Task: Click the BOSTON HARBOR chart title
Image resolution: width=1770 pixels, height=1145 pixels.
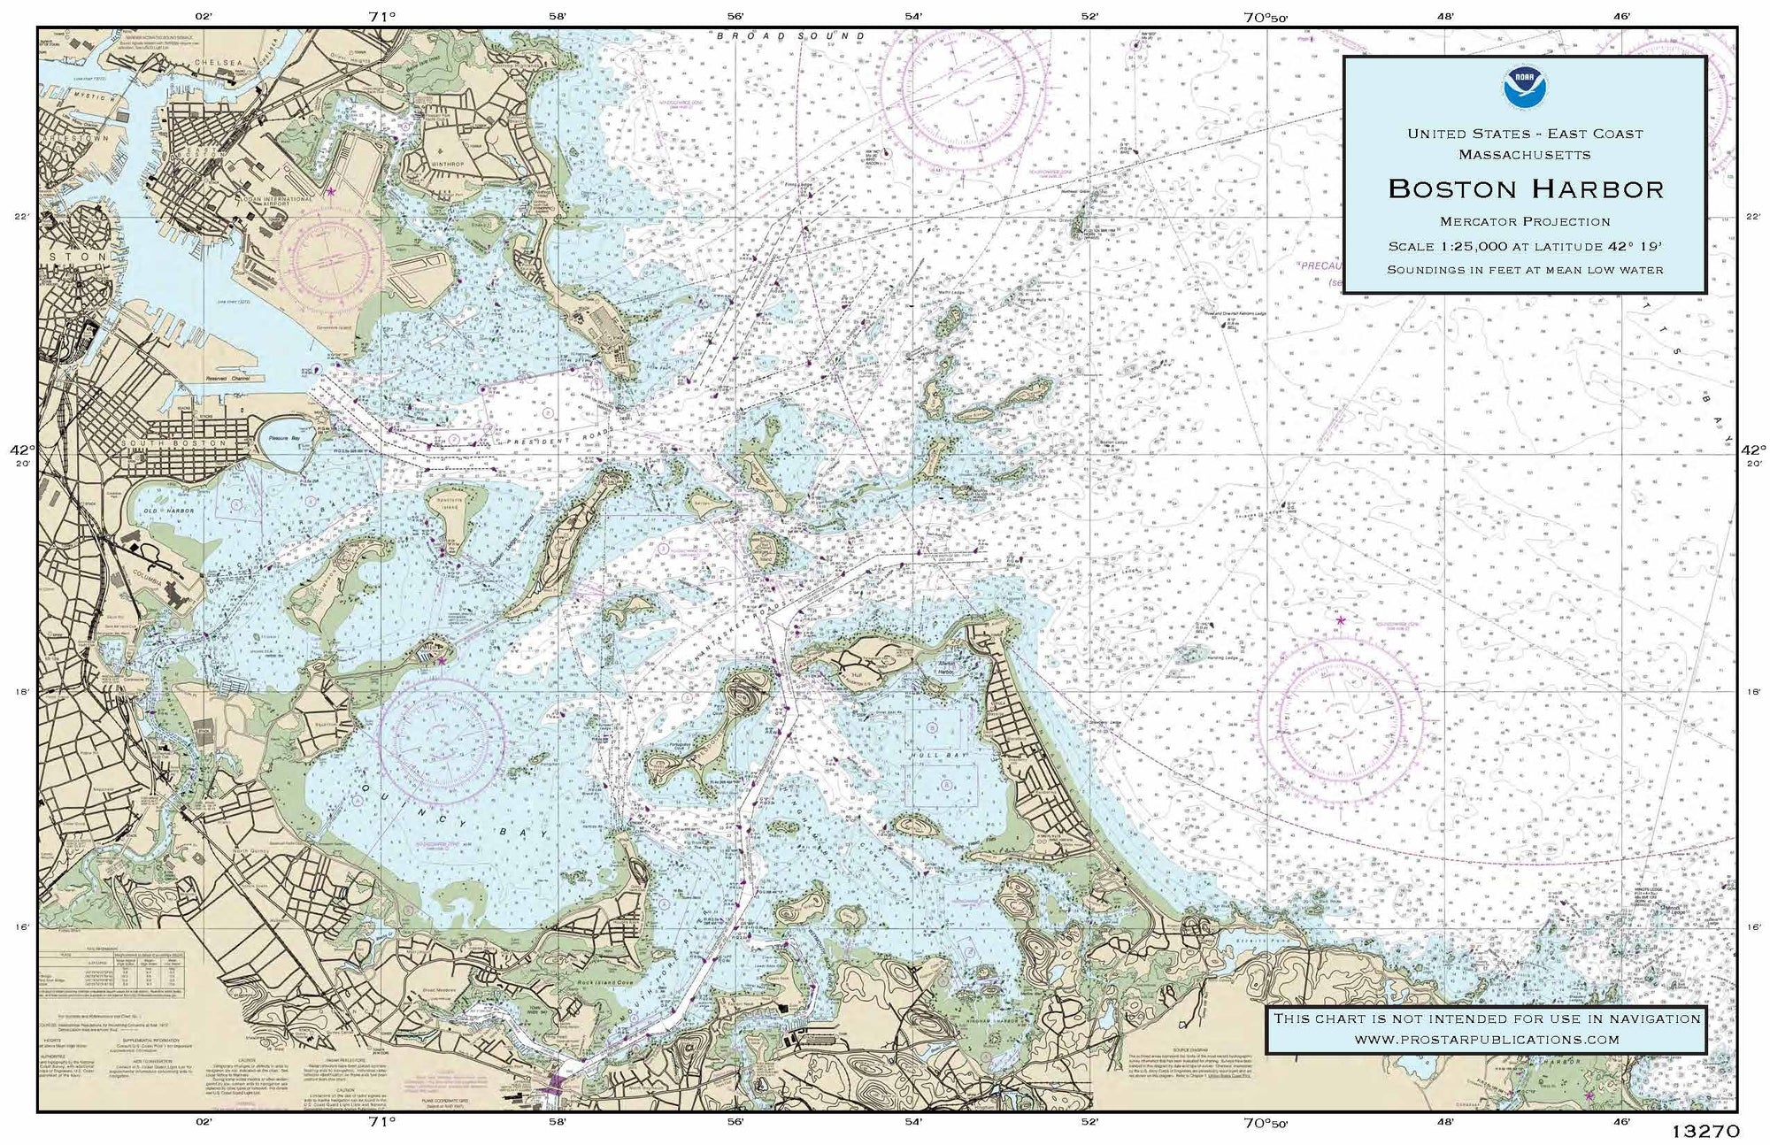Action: (x=1525, y=188)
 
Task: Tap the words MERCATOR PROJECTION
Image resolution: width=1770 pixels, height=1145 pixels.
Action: (x=1525, y=221)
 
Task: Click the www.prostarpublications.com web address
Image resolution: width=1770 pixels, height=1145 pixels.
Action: (x=1487, y=1040)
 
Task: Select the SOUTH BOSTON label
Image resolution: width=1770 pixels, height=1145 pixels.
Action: (x=163, y=443)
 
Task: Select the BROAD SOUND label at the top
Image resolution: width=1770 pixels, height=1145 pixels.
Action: (x=790, y=36)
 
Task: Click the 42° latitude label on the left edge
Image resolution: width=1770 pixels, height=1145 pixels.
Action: (x=19, y=450)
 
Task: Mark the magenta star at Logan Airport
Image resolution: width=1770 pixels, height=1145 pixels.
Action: (x=331, y=191)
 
